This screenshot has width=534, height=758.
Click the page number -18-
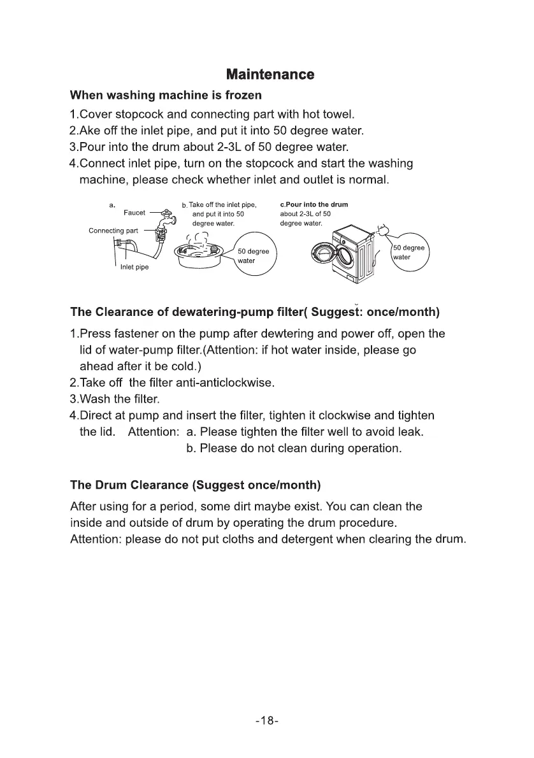267,721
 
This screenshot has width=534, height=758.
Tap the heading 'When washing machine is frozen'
165,96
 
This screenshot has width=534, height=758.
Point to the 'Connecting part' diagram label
114,230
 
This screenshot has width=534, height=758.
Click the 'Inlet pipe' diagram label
134,267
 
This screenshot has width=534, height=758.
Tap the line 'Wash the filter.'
115,399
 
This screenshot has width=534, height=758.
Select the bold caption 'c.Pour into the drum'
314,204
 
